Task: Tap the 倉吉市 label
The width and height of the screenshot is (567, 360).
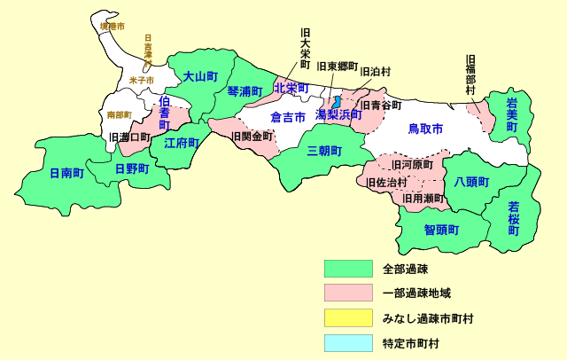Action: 288,117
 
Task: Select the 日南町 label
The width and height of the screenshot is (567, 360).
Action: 66,173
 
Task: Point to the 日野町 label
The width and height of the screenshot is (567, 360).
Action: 132,168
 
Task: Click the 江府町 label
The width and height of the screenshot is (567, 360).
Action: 182,144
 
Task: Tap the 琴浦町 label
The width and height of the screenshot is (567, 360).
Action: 245,91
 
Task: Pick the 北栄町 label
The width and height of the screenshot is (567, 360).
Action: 291,88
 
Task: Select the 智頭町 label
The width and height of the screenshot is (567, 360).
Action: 441,230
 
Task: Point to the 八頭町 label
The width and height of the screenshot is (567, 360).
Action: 471,182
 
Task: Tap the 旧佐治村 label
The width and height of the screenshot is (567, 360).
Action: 386,183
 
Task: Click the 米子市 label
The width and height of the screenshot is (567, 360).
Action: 141,81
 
